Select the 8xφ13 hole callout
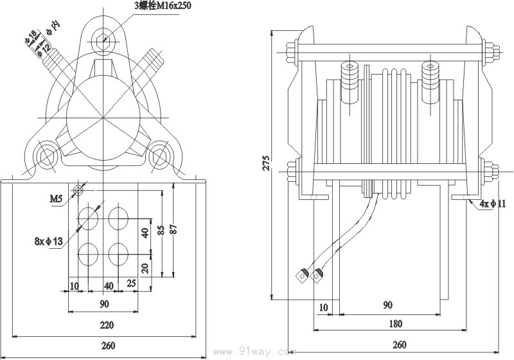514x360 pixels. (x=49, y=242)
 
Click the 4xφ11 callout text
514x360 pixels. (x=493, y=204)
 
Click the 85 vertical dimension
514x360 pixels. (x=169, y=229)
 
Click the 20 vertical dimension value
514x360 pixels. (x=146, y=267)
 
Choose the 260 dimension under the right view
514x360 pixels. (x=399, y=345)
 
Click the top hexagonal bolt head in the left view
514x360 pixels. (x=102, y=40)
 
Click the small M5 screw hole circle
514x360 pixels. (x=78, y=190)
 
